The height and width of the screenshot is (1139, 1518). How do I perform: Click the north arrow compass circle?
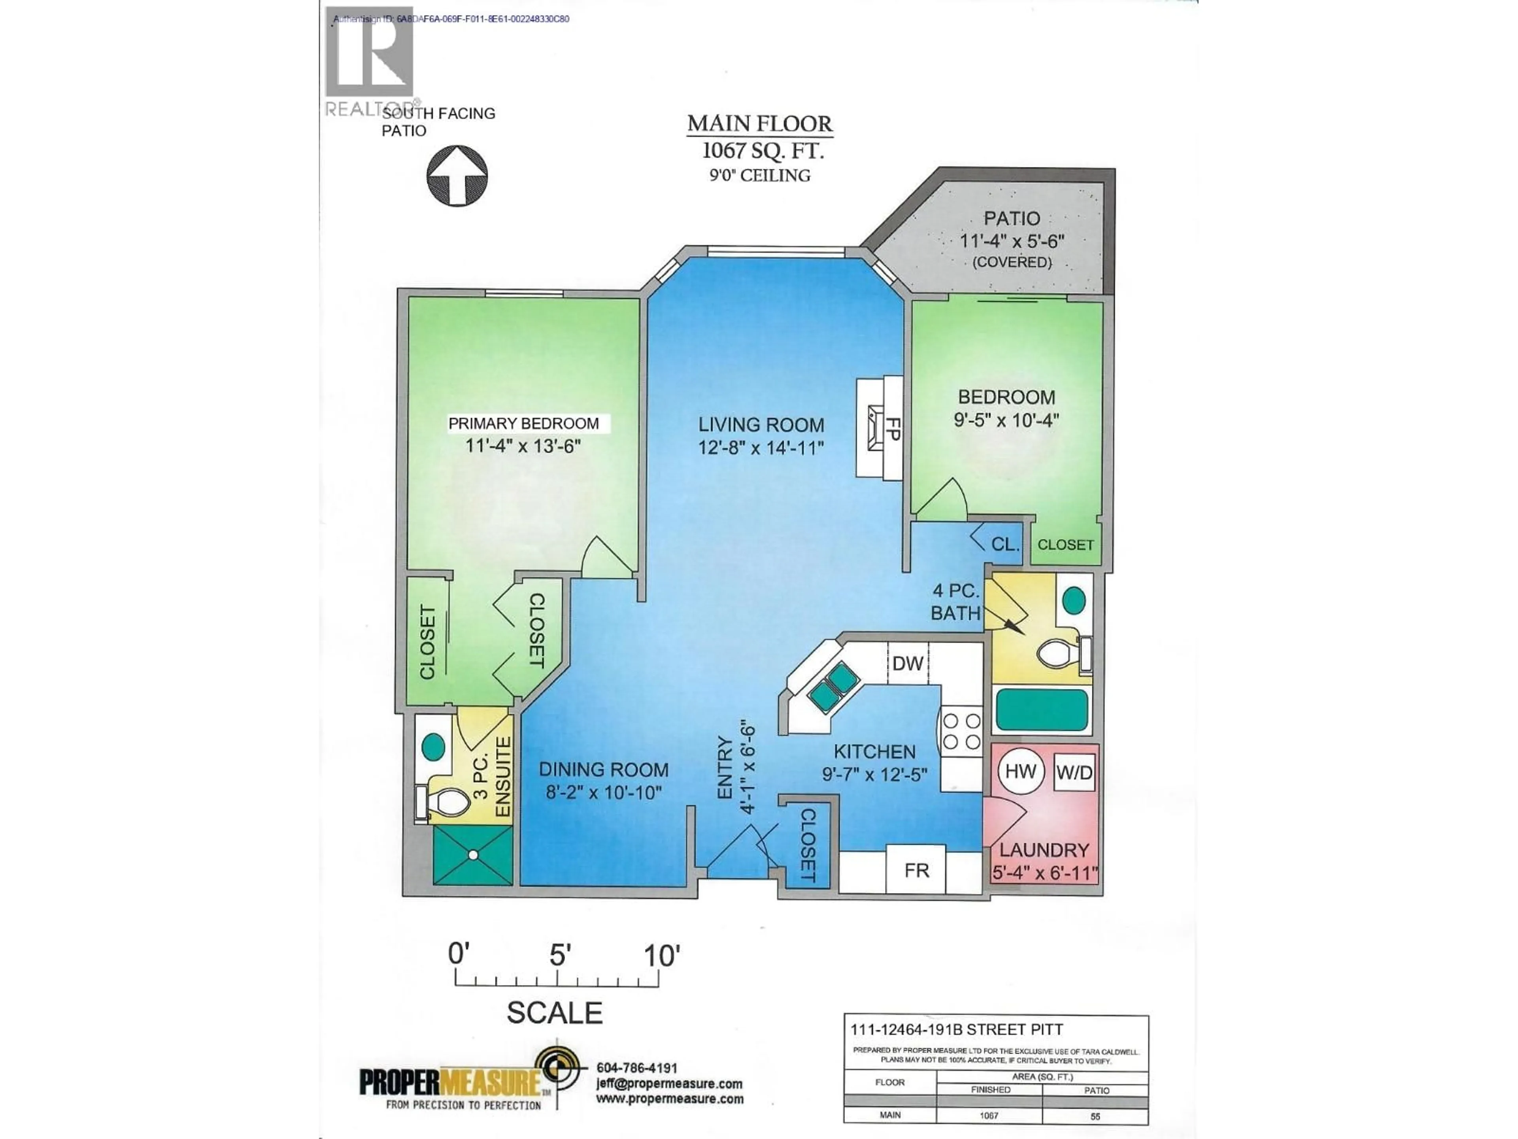(x=457, y=176)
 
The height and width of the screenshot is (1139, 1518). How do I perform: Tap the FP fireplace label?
(x=892, y=428)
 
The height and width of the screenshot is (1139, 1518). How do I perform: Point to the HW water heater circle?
(x=1020, y=771)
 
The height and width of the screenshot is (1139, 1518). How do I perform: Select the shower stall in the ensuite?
(x=473, y=855)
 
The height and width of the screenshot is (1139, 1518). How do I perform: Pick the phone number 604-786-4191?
(x=637, y=1068)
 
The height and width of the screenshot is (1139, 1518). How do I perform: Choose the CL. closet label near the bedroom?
(x=1004, y=545)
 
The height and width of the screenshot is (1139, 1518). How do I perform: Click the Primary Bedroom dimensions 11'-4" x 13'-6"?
(x=523, y=446)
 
